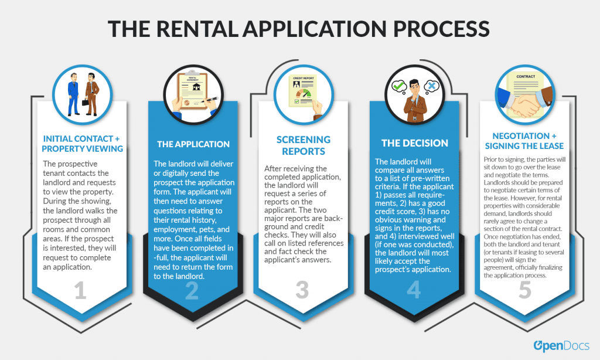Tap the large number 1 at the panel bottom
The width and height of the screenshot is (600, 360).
[x=80, y=290]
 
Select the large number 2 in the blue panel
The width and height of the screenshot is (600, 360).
[x=192, y=290]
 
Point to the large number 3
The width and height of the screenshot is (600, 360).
[x=302, y=290]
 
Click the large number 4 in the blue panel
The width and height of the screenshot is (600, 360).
[x=414, y=290]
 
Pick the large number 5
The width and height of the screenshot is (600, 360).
[x=525, y=290]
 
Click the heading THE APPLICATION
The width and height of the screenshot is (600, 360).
[x=193, y=144]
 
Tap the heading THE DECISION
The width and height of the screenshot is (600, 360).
[x=415, y=143]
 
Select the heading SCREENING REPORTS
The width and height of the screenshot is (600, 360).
[x=304, y=145]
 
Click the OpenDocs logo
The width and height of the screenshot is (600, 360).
[x=561, y=346]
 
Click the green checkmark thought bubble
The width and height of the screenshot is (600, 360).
[x=399, y=86]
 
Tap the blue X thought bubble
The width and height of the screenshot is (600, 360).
[x=432, y=86]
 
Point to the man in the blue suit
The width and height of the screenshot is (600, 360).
[x=73, y=94]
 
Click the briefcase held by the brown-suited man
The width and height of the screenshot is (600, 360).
[x=85, y=102]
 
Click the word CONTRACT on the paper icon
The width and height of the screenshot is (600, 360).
[x=526, y=77]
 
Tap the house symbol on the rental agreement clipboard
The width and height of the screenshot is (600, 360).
[x=197, y=87]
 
